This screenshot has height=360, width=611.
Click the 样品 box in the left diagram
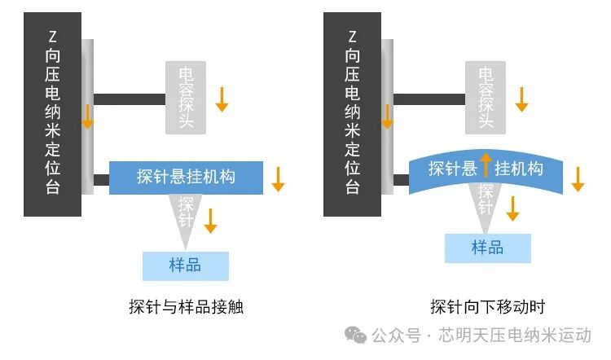click(185, 266)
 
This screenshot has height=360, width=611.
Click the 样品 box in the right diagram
click(487, 248)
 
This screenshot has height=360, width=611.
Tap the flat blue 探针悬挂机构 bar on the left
click(186, 177)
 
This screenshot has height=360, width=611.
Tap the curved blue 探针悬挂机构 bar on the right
click(486, 169)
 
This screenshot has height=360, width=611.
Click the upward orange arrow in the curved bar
click(486, 165)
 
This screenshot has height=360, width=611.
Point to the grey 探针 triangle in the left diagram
click(187, 216)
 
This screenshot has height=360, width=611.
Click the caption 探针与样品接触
click(187, 308)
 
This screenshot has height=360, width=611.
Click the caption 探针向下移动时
click(487, 308)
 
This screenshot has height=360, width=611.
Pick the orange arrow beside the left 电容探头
click(222, 99)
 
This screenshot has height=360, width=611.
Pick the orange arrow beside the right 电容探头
click(522, 99)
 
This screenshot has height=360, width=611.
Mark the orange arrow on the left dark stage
click(87, 117)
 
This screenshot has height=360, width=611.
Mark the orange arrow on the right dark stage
click(388, 117)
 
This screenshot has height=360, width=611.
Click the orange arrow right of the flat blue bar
click(278, 179)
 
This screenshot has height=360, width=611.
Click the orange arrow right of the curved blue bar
click(578, 179)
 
